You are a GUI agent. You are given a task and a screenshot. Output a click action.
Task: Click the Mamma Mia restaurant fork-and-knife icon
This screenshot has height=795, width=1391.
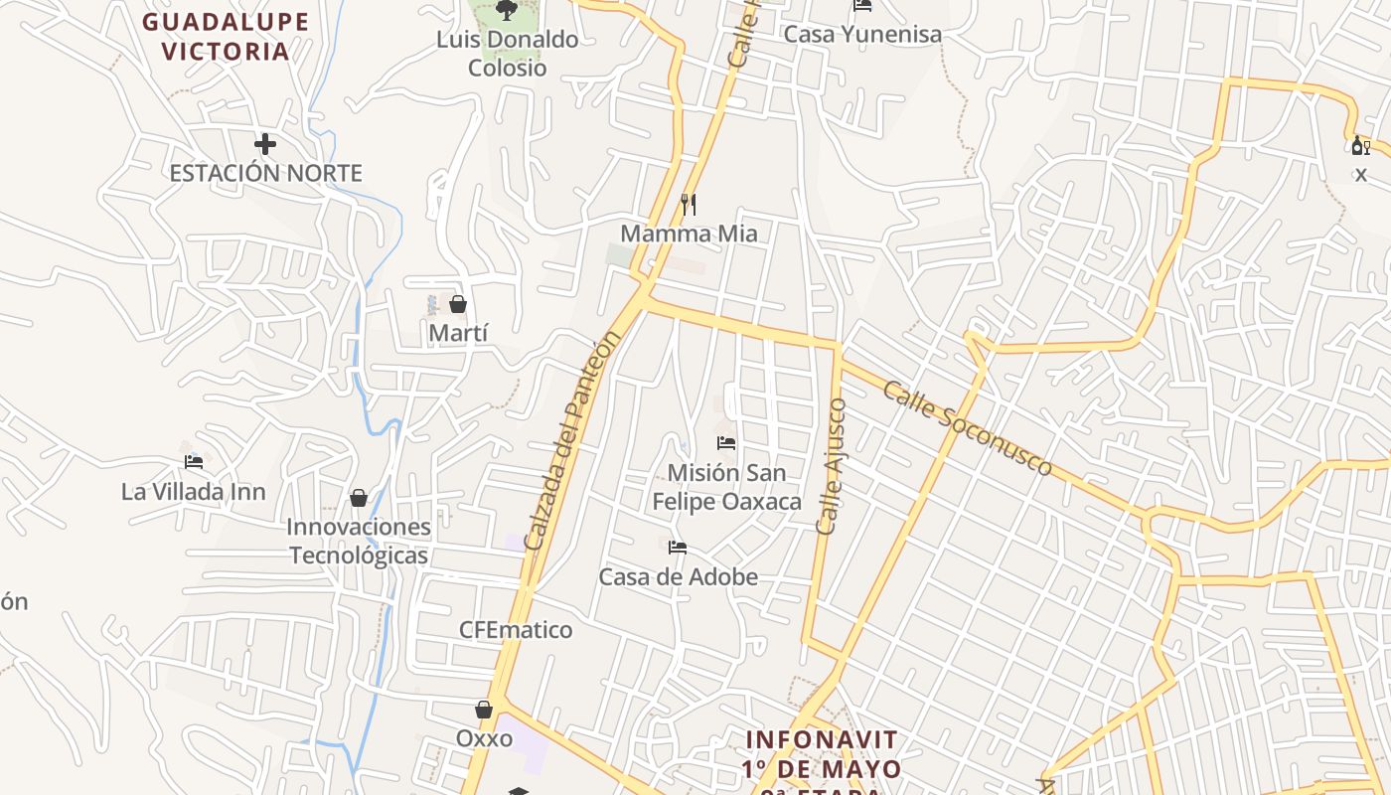pyautogui.click(x=689, y=204)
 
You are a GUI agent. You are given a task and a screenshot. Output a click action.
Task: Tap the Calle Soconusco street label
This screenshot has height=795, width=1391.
pyautogui.click(x=967, y=428)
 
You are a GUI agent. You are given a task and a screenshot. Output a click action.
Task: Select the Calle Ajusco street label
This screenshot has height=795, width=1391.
pyautogui.click(x=832, y=466)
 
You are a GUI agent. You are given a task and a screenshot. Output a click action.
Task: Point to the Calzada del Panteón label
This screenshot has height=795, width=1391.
pyautogui.click(x=572, y=440)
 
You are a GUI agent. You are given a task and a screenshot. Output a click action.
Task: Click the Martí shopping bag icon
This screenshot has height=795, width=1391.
pyautogui.click(x=458, y=304)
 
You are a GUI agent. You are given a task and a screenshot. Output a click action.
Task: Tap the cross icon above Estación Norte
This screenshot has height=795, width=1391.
pyautogui.click(x=264, y=144)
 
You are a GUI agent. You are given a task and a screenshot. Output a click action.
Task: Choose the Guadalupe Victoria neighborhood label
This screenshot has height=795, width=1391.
pyautogui.click(x=226, y=37)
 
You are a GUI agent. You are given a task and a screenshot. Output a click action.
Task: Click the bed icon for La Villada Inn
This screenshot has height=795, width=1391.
pyautogui.click(x=194, y=462)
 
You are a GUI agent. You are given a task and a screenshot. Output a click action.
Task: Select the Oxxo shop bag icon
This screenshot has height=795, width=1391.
pyautogui.click(x=484, y=710)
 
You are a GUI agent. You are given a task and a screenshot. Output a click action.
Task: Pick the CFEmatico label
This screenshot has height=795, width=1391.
pyautogui.click(x=516, y=630)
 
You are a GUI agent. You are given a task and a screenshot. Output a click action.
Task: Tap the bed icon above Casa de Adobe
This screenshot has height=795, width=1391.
pyautogui.click(x=678, y=547)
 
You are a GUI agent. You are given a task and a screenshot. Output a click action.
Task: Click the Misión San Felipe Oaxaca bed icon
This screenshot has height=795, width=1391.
pyautogui.click(x=726, y=442)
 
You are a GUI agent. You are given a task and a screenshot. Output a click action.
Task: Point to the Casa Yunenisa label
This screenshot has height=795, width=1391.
pyautogui.click(x=862, y=34)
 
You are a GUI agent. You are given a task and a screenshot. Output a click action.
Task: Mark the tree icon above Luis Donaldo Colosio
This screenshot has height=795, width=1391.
pyautogui.click(x=507, y=10)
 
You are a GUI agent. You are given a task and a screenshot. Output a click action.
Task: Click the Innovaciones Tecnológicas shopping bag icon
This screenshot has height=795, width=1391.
pyautogui.click(x=359, y=497)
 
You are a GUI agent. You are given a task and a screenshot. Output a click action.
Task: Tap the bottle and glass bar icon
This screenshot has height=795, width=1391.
pyautogui.click(x=1360, y=146)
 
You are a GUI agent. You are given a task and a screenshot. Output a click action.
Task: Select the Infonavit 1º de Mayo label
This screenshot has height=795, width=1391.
pyautogui.click(x=822, y=755)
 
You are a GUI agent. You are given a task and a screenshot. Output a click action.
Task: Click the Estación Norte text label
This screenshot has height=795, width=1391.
pyautogui.click(x=265, y=173)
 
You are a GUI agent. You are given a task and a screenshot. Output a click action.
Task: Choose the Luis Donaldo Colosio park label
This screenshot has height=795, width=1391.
pyautogui.click(x=508, y=54)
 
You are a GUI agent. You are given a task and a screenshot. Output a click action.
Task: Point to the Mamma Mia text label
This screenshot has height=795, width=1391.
pyautogui.click(x=689, y=234)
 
